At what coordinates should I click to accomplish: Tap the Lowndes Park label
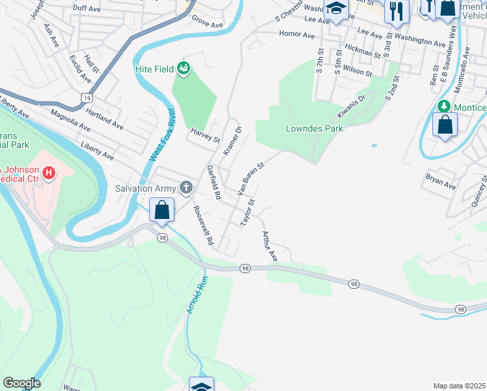pyautogui.click(x=314, y=128)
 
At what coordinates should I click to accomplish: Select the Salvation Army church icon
pyautogui.click(x=186, y=189)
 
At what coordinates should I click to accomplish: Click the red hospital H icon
pyautogui.click(x=48, y=173)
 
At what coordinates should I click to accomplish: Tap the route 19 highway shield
pyautogui.click(x=85, y=97)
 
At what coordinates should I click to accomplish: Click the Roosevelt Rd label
pyautogui.click(x=203, y=225)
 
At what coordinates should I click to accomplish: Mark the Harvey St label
pyautogui.click(x=206, y=136)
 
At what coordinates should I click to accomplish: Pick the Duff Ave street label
pyautogui.click(x=87, y=8)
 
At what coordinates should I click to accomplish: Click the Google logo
pyautogui.click(x=21, y=383)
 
